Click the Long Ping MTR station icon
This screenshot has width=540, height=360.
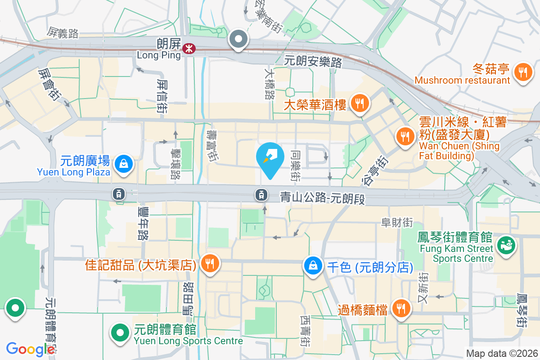point(189,48)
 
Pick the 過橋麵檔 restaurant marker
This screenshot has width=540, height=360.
point(400,309)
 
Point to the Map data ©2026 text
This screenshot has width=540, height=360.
point(502,354)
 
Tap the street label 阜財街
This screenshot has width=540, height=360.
point(397,222)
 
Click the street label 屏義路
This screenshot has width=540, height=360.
point(63,32)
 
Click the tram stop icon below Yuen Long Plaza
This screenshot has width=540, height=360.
point(119,194)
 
